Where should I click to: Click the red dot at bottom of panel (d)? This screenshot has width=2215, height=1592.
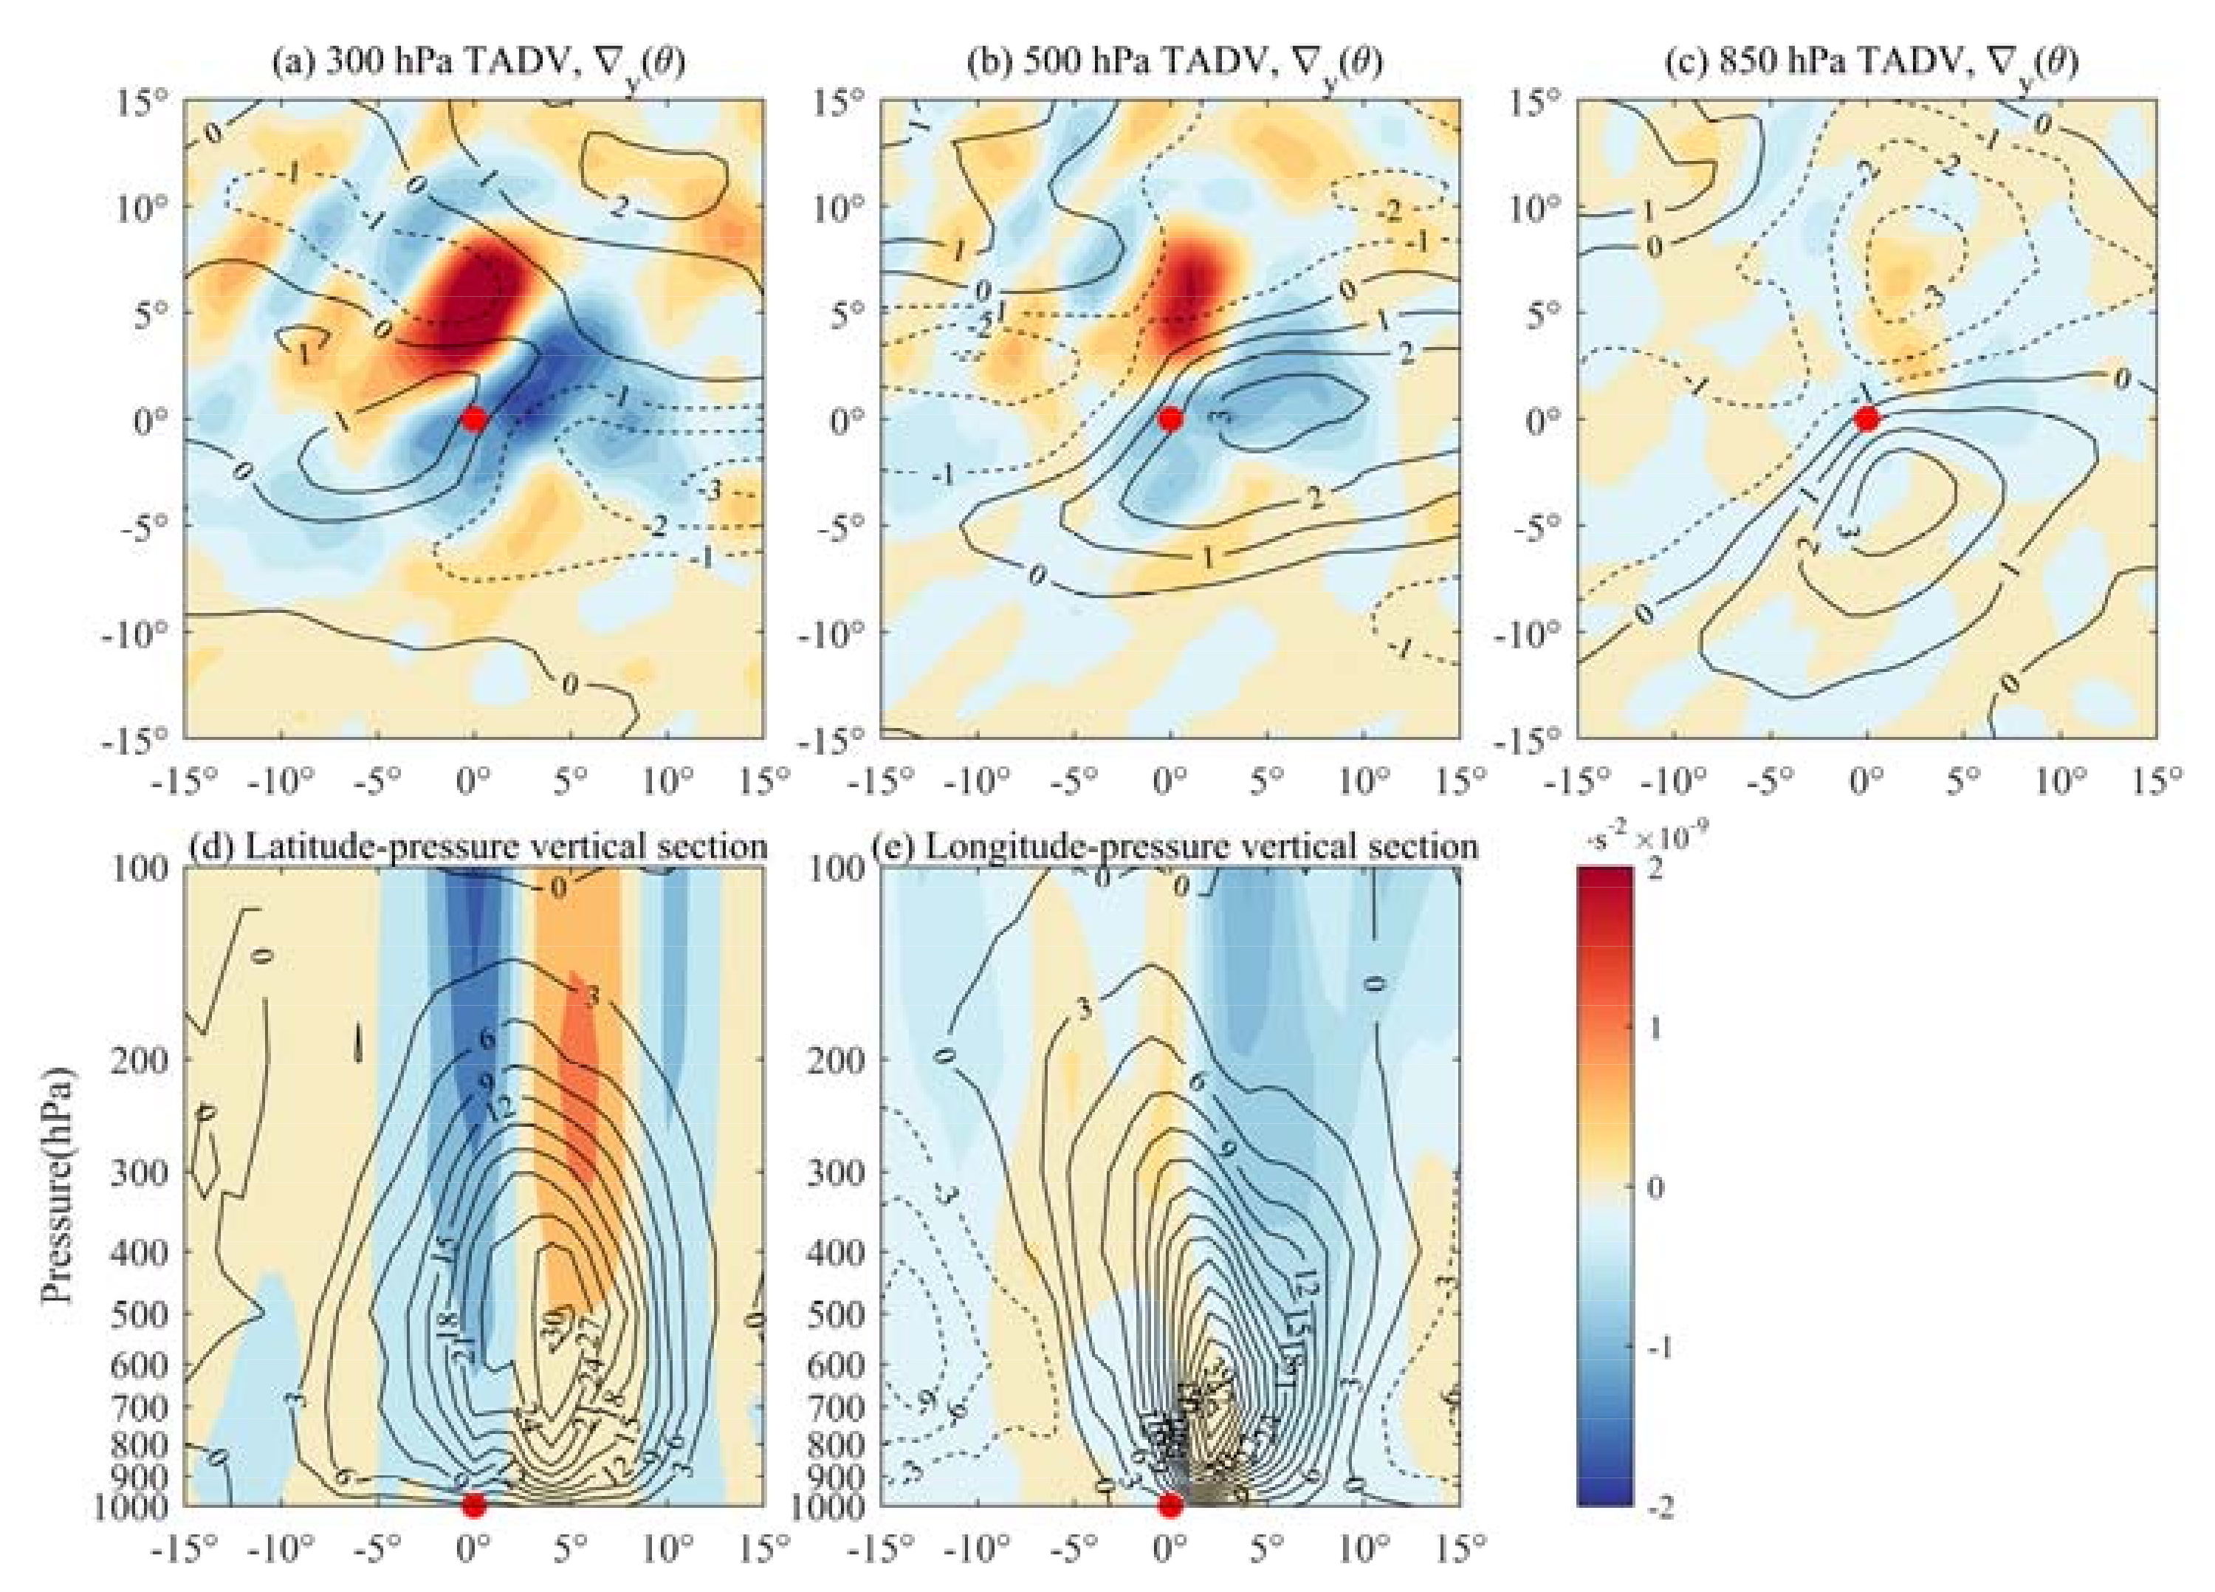coord(474,1505)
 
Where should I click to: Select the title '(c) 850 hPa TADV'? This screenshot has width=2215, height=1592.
coord(1867,64)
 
